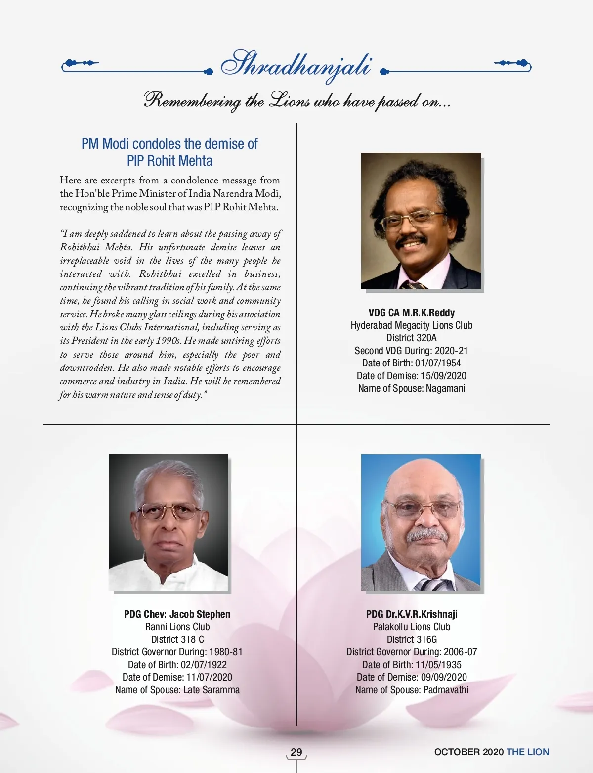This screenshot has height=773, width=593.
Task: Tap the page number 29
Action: (296, 752)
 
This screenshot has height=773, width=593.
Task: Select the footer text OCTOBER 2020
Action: (468, 752)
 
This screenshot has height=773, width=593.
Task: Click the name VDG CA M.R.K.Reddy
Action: (411, 313)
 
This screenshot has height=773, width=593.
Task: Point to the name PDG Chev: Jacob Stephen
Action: (177, 614)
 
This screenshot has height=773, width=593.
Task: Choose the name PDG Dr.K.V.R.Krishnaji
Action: (412, 614)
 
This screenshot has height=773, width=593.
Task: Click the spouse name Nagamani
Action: (445, 388)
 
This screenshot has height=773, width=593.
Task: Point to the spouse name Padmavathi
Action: (446, 690)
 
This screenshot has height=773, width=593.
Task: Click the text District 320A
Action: (411, 338)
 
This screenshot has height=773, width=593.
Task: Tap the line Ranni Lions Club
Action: (177, 627)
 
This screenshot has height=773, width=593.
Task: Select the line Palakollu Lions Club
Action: (412, 627)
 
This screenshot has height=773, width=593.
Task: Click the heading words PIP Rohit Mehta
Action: (169, 161)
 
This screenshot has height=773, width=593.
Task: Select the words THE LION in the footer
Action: (528, 752)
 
